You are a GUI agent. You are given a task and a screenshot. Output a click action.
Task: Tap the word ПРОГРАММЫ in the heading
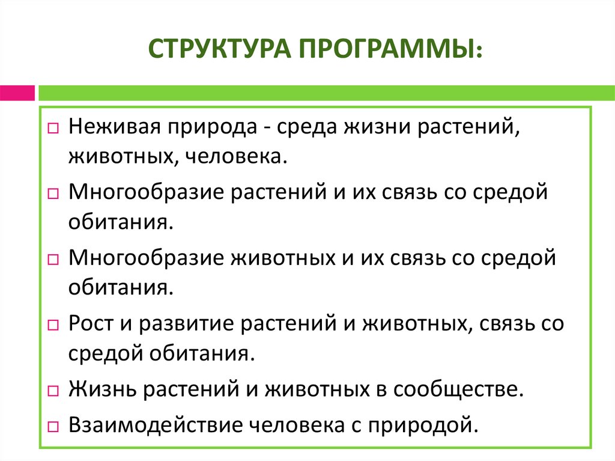385,48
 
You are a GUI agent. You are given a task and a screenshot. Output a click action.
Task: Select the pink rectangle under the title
17,93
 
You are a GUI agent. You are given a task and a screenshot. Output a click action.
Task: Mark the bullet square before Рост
53,325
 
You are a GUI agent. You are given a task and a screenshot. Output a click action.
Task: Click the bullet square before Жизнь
53,391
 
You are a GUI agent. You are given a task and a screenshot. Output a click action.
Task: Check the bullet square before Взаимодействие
53,426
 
